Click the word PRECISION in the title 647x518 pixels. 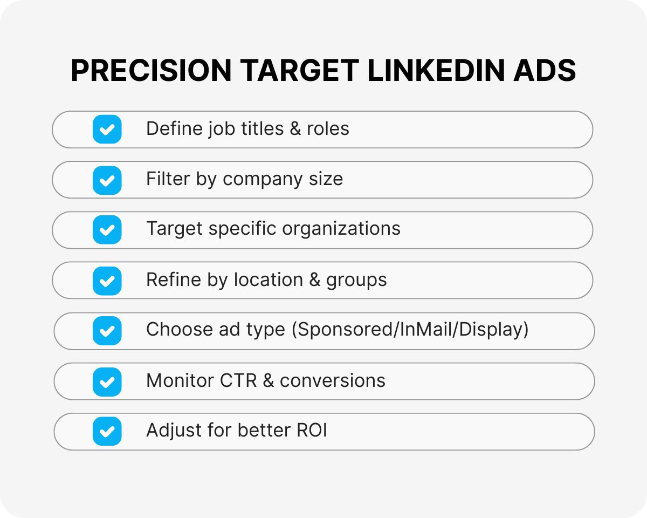[x=152, y=71]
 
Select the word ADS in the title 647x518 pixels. [x=545, y=71]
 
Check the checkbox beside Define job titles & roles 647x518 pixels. [x=107, y=129]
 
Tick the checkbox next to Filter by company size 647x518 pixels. [x=107, y=180]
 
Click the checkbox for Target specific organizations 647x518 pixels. [x=107, y=230]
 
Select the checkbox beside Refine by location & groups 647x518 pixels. [x=107, y=281]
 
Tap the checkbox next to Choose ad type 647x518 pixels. [x=107, y=331]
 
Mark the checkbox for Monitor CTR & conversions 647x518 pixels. [x=107, y=381]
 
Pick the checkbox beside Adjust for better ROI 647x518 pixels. [x=107, y=431]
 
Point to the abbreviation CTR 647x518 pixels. [x=239, y=381]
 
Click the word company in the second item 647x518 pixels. [x=254, y=180]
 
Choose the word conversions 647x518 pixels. [x=333, y=381]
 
